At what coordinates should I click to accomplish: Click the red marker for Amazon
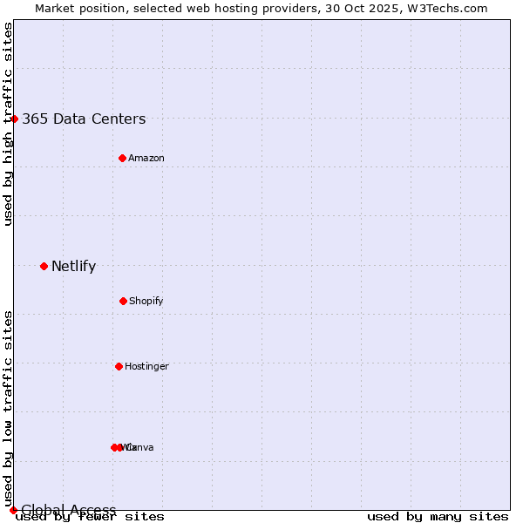coord(122,158)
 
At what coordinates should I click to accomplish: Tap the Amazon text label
coord(146,158)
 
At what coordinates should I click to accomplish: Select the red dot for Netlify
coord(44,266)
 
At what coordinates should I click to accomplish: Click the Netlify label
coord(73,267)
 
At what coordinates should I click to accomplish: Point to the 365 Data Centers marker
coord(14,119)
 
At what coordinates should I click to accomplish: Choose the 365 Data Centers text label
coord(84,119)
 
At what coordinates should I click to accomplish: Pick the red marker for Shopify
coord(123,301)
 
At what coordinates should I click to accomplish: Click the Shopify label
coord(146,301)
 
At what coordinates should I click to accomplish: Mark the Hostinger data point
coord(119,366)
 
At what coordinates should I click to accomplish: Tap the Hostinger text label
coord(146,366)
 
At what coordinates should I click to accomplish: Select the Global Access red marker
coord(13,510)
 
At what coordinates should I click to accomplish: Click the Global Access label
coord(69,510)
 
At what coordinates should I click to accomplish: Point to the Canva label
coord(139,447)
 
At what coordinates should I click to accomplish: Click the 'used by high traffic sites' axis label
coord(9,124)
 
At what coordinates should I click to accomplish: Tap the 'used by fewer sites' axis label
coord(90,517)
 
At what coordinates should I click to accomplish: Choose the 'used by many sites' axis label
coord(438,517)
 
